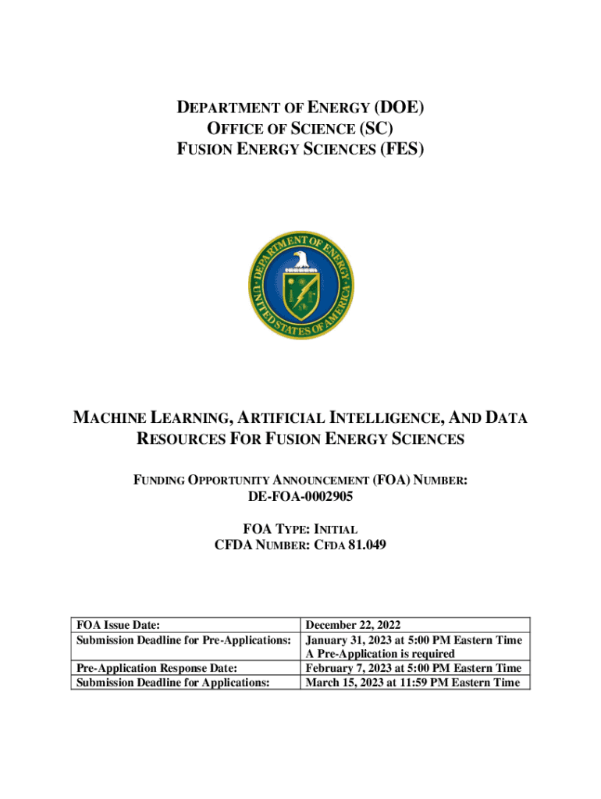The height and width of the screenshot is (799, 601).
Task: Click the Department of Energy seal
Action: (x=300, y=286)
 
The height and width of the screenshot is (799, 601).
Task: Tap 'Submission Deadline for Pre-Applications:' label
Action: (x=183, y=640)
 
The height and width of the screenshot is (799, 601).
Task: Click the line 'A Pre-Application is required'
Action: (x=380, y=654)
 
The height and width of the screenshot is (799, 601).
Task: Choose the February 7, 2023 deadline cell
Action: (x=413, y=668)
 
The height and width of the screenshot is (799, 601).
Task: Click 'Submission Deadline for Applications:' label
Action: (x=172, y=682)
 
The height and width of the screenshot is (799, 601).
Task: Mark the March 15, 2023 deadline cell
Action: (x=412, y=682)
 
